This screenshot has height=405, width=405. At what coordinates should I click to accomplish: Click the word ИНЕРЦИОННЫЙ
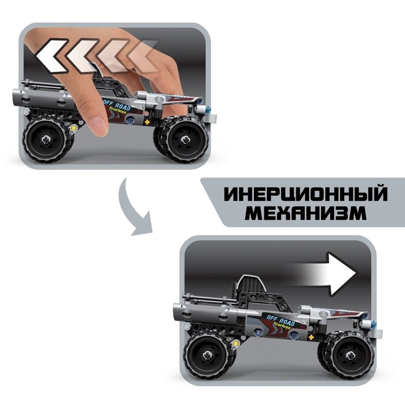pyautogui.click(x=305, y=193)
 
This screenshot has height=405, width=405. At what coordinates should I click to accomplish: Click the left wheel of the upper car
pyautogui.click(x=47, y=139)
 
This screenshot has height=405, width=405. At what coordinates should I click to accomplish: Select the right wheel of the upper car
pyautogui.click(x=183, y=138)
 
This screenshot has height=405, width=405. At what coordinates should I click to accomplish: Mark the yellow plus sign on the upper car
pyautogui.click(x=146, y=123)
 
